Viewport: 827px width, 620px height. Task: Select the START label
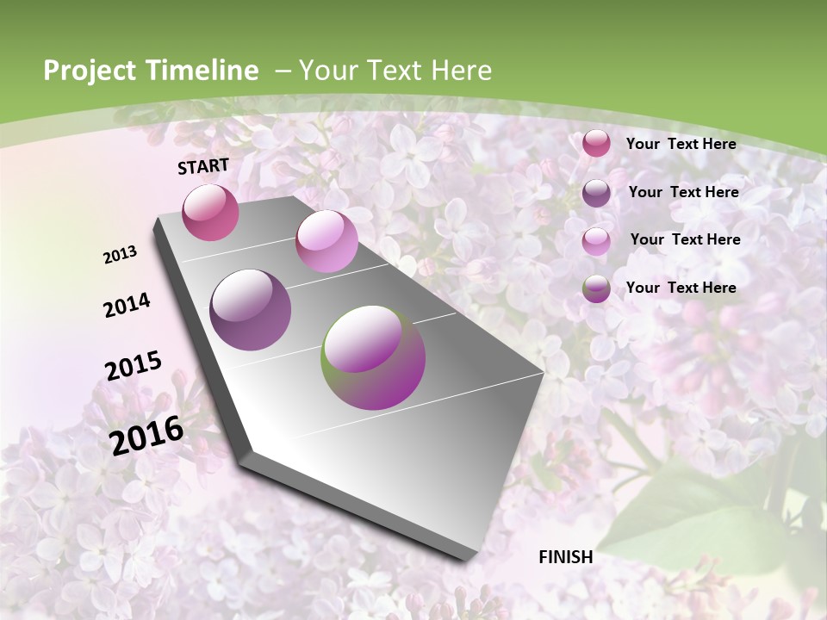coord(203,166)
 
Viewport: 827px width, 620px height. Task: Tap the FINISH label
coord(566,557)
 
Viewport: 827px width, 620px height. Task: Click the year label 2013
coord(121,255)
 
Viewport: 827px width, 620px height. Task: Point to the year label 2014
coord(127,306)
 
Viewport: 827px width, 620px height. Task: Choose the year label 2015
coord(134,366)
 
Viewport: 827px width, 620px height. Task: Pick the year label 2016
coord(146,435)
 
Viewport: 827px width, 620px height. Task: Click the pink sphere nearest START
coord(210,212)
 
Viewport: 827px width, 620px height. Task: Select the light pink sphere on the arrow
coord(326,241)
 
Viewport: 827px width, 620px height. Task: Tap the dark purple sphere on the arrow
coord(251,310)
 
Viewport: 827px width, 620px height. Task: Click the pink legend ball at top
coord(596,144)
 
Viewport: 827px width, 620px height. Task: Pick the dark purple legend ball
coord(596,193)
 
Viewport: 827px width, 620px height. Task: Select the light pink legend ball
coord(596,241)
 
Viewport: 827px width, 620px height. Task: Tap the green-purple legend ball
coord(596,288)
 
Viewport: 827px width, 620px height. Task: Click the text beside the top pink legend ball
coord(681,144)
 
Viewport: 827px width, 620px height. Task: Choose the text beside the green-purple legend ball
coord(681,288)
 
